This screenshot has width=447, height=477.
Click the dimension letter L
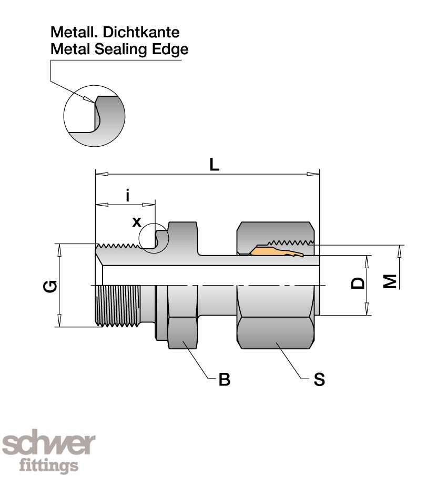click(x=214, y=165)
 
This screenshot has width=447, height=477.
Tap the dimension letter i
click(x=128, y=196)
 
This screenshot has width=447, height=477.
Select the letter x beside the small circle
click(x=137, y=222)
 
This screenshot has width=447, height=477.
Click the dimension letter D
click(x=358, y=283)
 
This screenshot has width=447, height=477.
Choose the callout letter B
click(x=225, y=380)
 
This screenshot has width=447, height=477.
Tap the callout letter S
click(x=319, y=379)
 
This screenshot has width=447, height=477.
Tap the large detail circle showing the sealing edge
click(x=94, y=115)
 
